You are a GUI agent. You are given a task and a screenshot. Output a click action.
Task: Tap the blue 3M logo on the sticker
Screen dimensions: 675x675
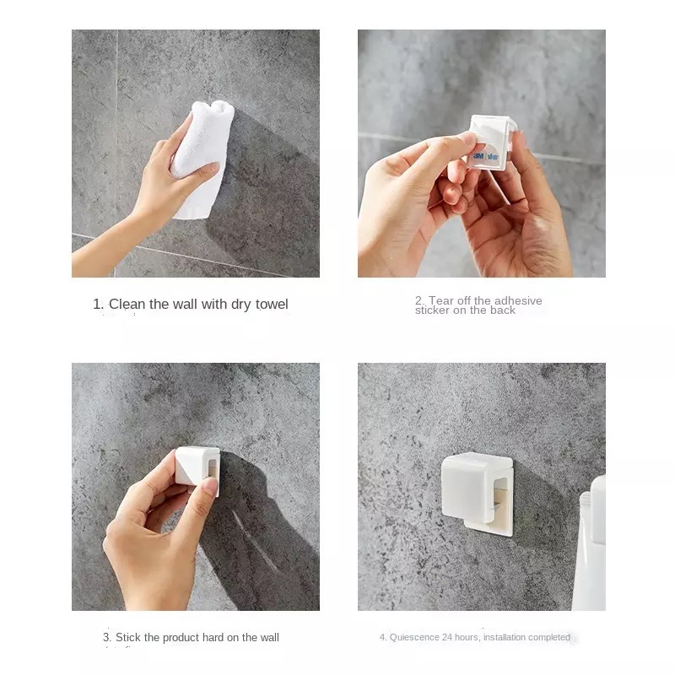coord(478,156)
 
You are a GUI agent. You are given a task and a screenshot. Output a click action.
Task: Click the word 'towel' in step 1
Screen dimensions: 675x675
coord(272,305)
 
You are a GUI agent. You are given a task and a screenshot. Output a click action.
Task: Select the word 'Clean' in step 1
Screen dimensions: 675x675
coord(127,305)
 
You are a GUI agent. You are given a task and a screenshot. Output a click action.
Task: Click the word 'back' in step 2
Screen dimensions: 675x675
coord(503,310)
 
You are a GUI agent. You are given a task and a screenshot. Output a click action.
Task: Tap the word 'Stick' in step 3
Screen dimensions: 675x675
coord(128,637)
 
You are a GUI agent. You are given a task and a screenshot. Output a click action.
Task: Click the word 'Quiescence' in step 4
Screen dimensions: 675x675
coord(414,637)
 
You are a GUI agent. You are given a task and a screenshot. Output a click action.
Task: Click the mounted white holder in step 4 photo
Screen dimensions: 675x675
coord(477,494)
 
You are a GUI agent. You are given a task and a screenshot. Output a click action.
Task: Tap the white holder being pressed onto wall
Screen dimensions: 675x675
coord(197,468)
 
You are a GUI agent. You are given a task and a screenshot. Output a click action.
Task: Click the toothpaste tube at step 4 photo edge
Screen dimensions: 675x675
coord(590,543)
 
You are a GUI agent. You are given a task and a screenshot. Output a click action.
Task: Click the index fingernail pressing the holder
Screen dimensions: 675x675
coord(210,487)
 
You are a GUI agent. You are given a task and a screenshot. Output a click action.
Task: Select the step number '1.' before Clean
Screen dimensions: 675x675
coord(98,305)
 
